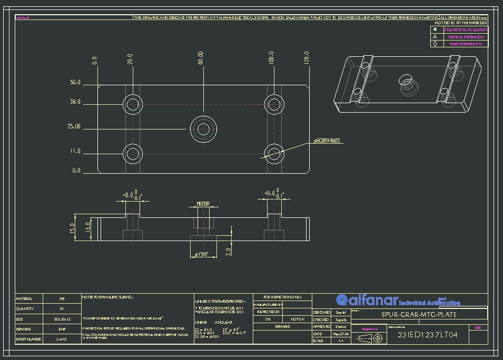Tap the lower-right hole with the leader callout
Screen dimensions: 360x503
(274, 152)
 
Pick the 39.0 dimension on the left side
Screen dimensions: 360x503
(75, 102)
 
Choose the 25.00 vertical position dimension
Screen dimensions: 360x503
(75, 127)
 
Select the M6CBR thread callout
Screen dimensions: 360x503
(203, 203)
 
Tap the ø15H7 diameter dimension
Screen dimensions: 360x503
(201, 255)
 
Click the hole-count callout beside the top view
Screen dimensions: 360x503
(328, 141)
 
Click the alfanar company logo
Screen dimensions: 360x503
(398, 301)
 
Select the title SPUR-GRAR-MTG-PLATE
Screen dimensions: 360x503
(418, 315)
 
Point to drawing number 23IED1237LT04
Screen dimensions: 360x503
(427, 335)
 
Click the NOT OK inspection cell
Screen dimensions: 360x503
(298, 319)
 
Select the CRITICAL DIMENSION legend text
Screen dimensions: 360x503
(466, 37)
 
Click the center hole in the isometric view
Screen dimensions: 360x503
(406, 81)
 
